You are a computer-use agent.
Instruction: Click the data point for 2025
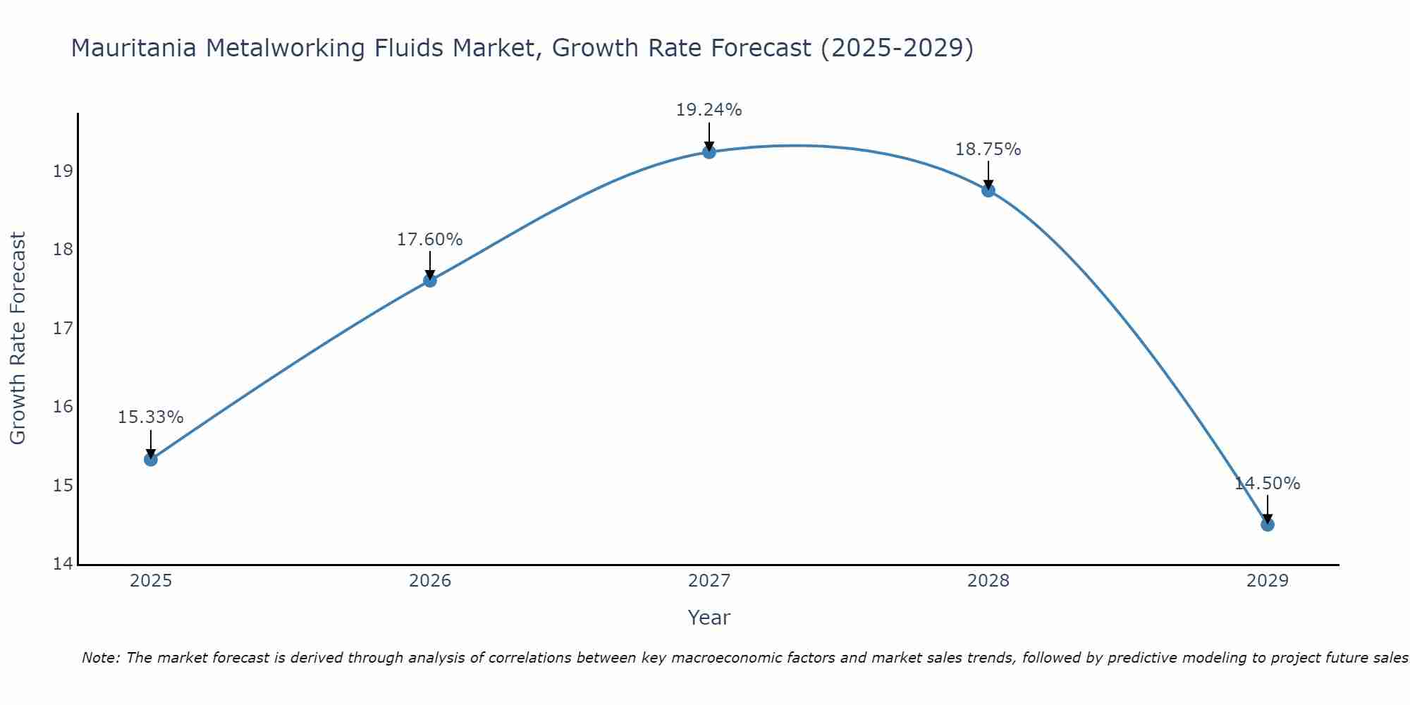[x=151, y=460]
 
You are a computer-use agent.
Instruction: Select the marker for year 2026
[x=430, y=281]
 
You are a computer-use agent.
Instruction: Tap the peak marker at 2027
[x=709, y=152]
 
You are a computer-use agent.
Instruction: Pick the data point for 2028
[x=988, y=190]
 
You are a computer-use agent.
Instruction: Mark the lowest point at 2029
[x=1268, y=525]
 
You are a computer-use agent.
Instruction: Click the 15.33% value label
[x=150, y=417]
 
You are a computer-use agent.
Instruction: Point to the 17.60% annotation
[x=429, y=240]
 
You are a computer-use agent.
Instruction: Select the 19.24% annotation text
[x=709, y=110]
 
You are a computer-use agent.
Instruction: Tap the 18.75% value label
[x=988, y=149]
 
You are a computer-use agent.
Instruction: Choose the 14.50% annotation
[x=1267, y=484]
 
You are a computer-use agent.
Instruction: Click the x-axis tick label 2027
[x=709, y=581]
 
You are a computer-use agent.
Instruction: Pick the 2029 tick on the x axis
[x=1268, y=581]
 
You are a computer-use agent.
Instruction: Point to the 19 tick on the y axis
[x=63, y=171]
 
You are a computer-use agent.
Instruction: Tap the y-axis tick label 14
[x=63, y=564]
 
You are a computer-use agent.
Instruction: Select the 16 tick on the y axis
[x=63, y=407]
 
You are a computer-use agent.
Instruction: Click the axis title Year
[x=709, y=618]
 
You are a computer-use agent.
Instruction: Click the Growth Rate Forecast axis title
[x=18, y=338]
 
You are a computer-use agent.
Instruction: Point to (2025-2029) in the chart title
[x=897, y=48]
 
